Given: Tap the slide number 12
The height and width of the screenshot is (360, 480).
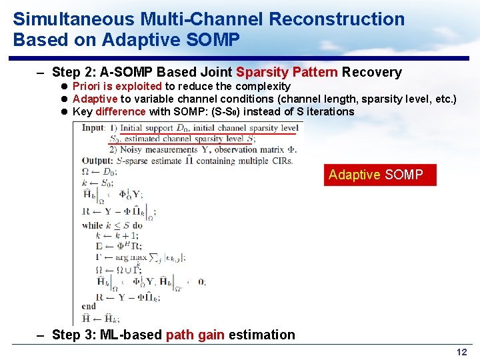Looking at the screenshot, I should (x=461, y=352).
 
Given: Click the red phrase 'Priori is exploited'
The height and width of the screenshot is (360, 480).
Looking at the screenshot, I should (x=117, y=86).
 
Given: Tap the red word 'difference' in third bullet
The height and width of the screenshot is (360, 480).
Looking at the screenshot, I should (x=120, y=111).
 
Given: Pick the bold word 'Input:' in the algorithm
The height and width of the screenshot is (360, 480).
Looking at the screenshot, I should (x=93, y=128).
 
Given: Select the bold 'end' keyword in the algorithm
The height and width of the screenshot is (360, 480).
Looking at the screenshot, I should (x=88, y=306).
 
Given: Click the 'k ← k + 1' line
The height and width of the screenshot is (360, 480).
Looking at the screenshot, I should (x=117, y=235).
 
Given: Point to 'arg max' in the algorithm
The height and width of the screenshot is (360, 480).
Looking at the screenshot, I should (x=130, y=257).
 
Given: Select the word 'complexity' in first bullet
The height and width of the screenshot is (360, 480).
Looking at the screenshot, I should (x=264, y=86).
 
